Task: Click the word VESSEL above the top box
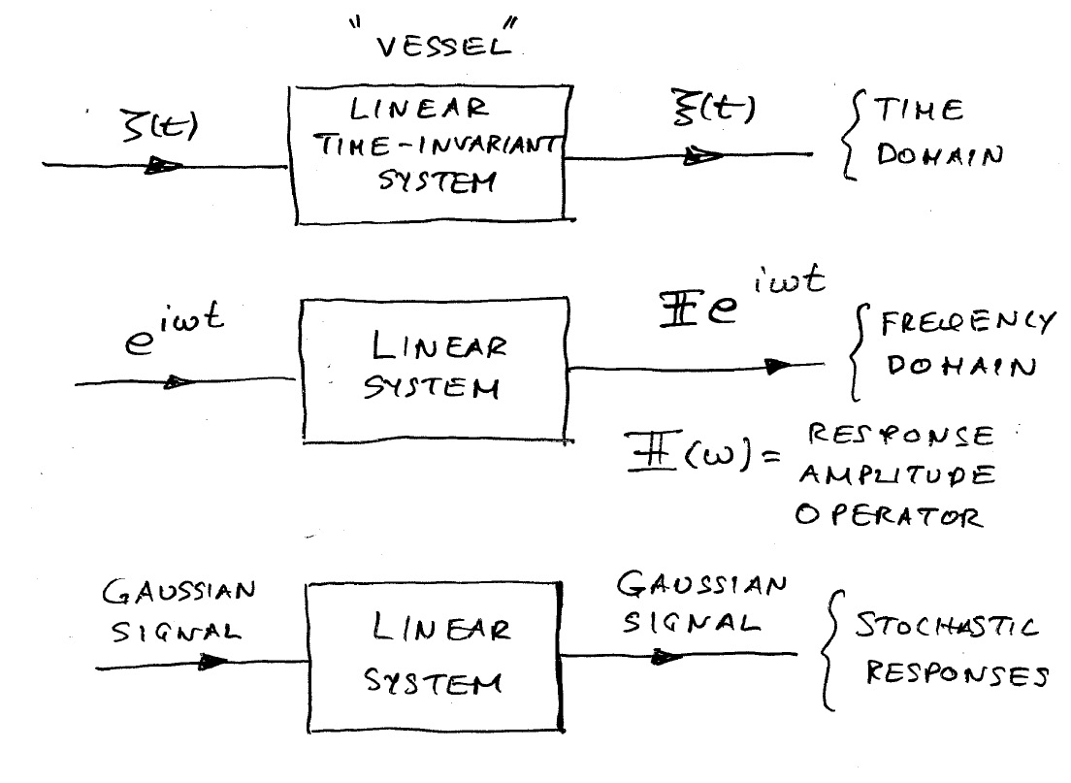click(443, 47)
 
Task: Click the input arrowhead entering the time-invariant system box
click(164, 165)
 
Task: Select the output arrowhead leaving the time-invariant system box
click(703, 156)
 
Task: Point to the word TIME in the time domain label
click(919, 110)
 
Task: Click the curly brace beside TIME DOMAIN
click(852, 135)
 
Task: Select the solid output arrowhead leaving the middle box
click(779, 366)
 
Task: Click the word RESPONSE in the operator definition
click(901, 435)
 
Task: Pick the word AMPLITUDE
click(896, 474)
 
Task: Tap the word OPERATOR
click(890, 515)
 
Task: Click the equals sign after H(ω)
click(771, 455)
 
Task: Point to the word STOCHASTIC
click(947, 626)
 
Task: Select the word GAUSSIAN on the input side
click(178, 591)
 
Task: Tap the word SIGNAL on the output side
click(692, 622)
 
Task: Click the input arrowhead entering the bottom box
click(212, 662)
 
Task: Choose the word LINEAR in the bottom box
click(441, 627)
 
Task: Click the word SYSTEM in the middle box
click(432, 388)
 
